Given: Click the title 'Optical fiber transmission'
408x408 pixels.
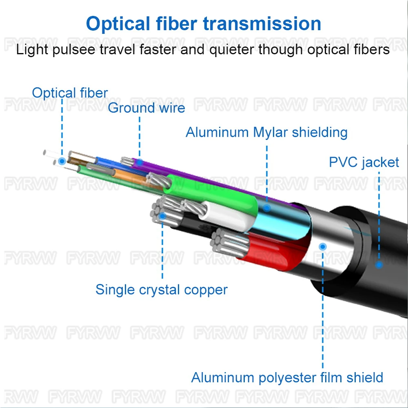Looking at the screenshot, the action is point(204,24).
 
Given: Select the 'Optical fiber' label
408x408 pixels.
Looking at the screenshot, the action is point(70,93).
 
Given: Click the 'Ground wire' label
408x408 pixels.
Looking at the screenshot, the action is point(146,108).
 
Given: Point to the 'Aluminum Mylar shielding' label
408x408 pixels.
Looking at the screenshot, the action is point(266,133).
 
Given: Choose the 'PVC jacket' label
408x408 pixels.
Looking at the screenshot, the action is point(364,162).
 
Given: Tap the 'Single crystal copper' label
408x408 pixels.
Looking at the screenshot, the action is point(162,290).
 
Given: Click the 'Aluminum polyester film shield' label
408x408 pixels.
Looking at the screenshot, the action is point(287,377).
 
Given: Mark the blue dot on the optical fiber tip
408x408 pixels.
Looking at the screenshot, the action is point(62,161).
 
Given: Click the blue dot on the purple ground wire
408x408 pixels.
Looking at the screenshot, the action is point(139,162).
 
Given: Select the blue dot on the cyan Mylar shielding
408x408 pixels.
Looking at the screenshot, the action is point(267,208).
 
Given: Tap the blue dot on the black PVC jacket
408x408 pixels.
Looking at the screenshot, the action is point(379,265).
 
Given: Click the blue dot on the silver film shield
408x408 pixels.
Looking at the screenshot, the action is point(323,246).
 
